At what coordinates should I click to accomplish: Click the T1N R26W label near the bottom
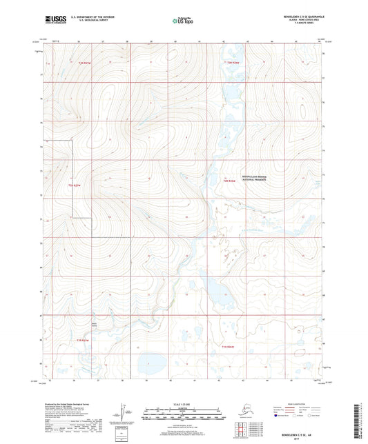click(x=229, y=345)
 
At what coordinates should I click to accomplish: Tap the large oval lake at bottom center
click(x=148, y=362)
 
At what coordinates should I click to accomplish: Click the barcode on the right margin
click(x=362, y=421)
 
